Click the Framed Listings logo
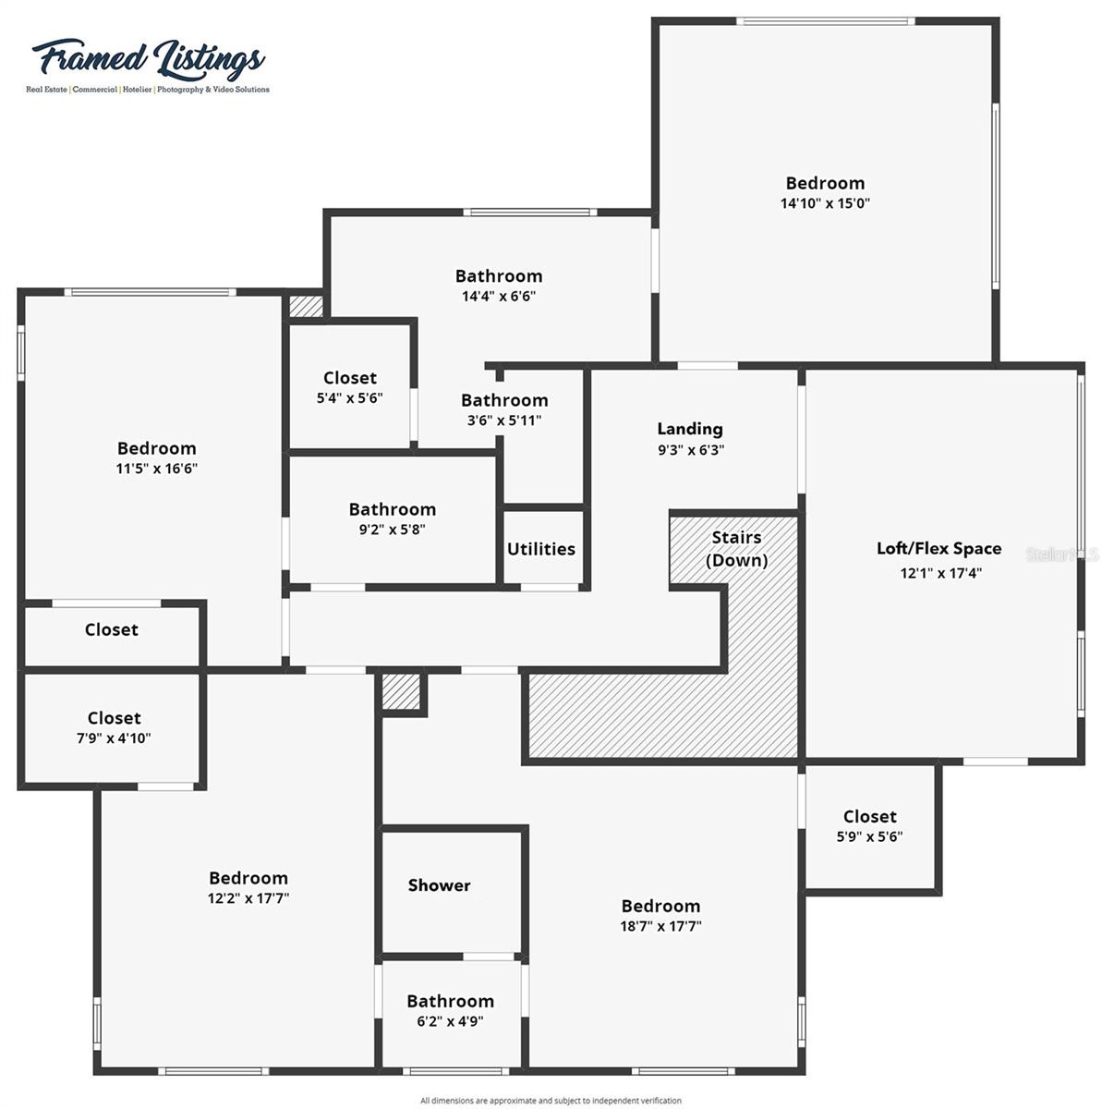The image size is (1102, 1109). tap(148, 63)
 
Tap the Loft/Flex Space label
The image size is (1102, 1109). tap(939, 549)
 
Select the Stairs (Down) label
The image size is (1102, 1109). tap(736, 549)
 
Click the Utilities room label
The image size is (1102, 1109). tap(541, 549)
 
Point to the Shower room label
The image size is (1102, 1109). tap(440, 885)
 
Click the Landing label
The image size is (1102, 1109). tap(690, 429)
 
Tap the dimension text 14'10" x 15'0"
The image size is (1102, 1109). tap(825, 203)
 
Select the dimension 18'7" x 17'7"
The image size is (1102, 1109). tap(660, 926)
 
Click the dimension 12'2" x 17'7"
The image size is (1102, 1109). tap(248, 898)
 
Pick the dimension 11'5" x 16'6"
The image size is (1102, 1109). tap(157, 469)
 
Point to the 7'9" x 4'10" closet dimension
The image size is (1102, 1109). tap(114, 738)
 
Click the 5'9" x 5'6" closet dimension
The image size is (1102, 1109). tap(869, 836)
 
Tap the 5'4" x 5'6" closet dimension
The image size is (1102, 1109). tap(350, 398)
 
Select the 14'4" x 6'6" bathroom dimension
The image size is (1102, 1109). tap(499, 297)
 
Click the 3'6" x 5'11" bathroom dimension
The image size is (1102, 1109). tap(504, 420)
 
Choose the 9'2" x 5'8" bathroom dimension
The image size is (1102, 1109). tap(393, 530)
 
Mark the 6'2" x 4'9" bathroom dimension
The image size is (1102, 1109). tap(451, 1021)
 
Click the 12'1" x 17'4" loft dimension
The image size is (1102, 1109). tap(940, 573)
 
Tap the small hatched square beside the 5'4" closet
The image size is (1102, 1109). tap(306, 306)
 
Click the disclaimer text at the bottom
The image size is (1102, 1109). tap(551, 1101)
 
